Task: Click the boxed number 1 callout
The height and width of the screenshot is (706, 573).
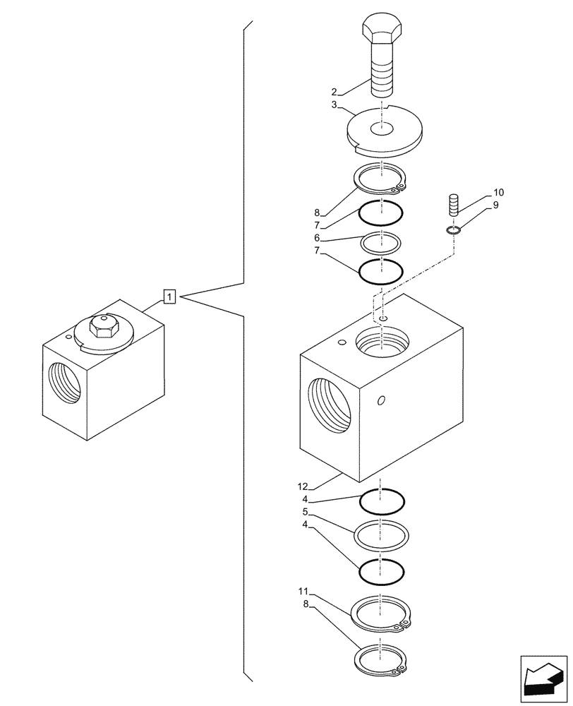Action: point(169,297)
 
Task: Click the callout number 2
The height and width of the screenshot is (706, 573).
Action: point(334,91)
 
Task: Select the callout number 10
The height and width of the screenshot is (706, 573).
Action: point(499,192)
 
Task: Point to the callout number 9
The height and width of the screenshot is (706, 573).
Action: point(496,205)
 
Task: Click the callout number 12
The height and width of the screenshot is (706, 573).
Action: point(303,486)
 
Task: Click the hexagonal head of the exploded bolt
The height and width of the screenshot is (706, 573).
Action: point(382,32)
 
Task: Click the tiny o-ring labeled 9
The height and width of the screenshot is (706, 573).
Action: point(454,229)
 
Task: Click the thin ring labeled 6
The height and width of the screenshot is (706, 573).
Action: point(381,243)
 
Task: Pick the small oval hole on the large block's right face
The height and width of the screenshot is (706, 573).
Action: point(381,401)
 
